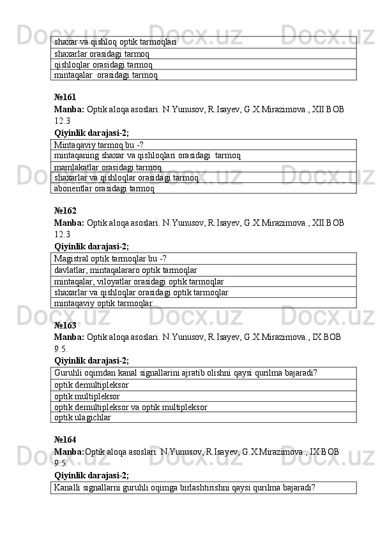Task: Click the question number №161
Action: [x=65, y=98]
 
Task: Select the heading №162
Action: [x=65, y=210]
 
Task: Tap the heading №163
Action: [x=65, y=325]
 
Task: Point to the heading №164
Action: [x=65, y=439]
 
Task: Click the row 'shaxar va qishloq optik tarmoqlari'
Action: [x=116, y=41]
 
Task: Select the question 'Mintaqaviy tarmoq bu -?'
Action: [x=99, y=145]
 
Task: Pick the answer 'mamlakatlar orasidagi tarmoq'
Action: [x=108, y=168]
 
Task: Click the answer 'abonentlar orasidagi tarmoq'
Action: [x=104, y=188]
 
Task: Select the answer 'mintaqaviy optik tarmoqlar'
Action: [x=103, y=304]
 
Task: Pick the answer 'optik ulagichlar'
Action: [x=83, y=418]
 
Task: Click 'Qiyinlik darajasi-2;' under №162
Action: [x=91, y=246]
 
